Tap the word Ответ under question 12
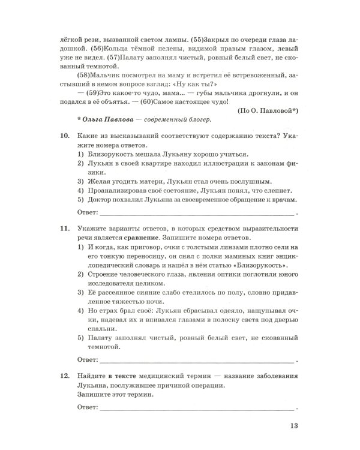tap(88, 407)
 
